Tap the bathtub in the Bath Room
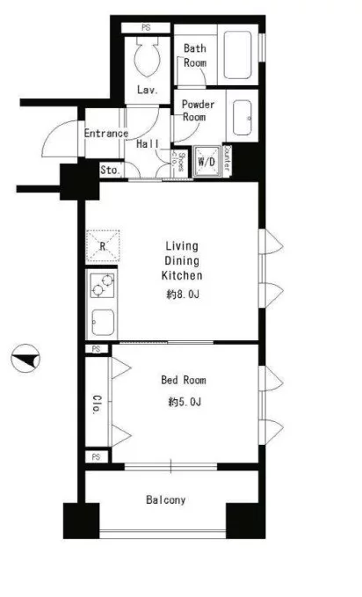(x=237, y=55)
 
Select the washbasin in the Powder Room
(x=243, y=118)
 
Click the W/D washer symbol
(x=206, y=161)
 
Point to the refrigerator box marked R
(x=103, y=246)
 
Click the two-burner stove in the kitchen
(x=103, y=286)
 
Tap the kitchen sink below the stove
(x=103, y=322)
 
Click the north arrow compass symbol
(x=25, y=358)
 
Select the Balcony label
(x=165, y=499)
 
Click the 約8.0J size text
(x=183, y=295)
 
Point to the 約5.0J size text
(x=185, y=402)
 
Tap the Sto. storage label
(x=111, y=170)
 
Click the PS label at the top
(x=146, y=27)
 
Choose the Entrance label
(x=105, y=134)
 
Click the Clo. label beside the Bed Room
(x=98, y=404)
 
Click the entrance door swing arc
(x=54, y=134)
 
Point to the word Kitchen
(x=182, y=275)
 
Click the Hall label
(x=148, y=144)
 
